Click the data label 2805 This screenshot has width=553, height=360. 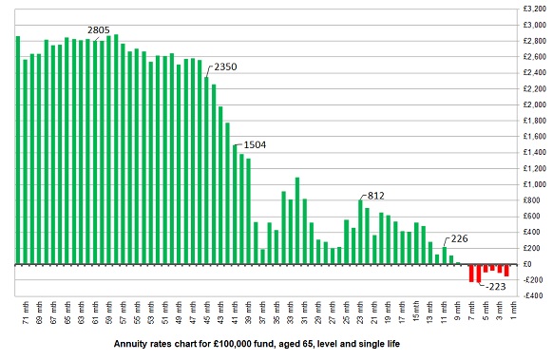[x=99, y=30]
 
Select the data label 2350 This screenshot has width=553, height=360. [x=226, y=66]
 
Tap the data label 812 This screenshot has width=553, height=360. [x=376, y=195]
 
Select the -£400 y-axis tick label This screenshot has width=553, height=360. [x=532, y=295]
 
